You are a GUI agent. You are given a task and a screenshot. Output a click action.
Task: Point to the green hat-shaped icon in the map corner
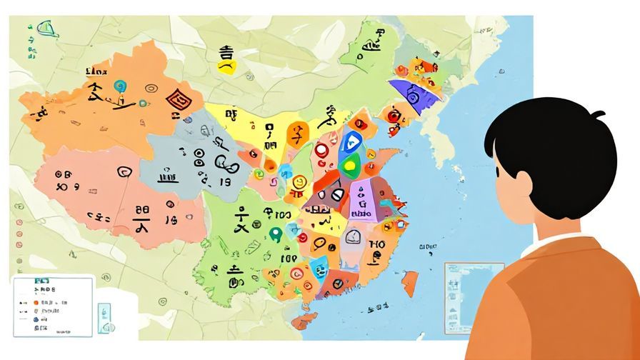[48, 29]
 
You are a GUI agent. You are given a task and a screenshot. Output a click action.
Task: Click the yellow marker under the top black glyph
[227, 67]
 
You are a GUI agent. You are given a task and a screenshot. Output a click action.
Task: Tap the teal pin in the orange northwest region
[119, 87]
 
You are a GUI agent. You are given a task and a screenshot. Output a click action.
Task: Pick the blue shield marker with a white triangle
[350, 143]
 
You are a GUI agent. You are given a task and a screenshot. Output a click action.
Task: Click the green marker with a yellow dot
[349, 167]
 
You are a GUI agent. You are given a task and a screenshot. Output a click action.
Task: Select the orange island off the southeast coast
[409, 283]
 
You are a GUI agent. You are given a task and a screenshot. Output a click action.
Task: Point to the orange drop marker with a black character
[296, 134]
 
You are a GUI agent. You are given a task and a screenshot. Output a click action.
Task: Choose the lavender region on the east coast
[363, 200]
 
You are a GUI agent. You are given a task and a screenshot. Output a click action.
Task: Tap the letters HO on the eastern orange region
[376, 245]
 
